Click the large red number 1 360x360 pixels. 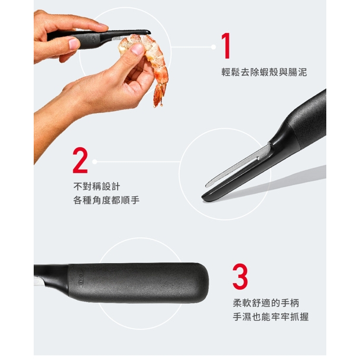[226, 46]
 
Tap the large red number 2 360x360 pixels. [80, 160]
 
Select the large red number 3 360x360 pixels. [240, 277]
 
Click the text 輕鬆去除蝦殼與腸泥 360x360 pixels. [264, 72]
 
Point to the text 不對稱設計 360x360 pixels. [97, 186]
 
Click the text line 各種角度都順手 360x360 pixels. [106, 200]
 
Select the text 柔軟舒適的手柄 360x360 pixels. [266, 303]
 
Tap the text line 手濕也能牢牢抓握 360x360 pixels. [271, 317]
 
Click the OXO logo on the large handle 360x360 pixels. [81, 280]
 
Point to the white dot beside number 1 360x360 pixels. [213, 47]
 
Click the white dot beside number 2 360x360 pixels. [95, 161]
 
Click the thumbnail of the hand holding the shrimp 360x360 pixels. [138, 49]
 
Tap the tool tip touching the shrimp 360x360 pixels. [148, 32]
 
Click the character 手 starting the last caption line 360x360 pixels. [238, 317]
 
